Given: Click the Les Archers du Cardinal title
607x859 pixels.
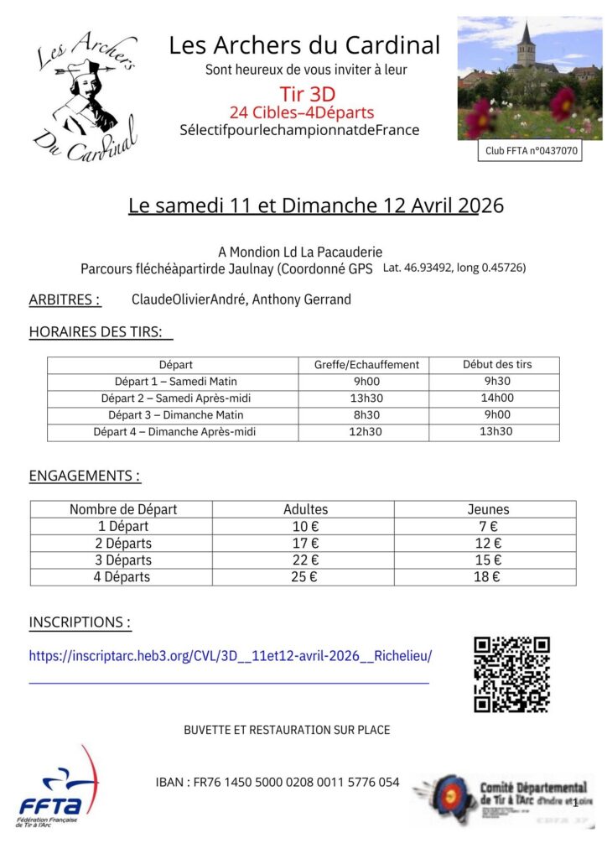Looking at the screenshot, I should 304,44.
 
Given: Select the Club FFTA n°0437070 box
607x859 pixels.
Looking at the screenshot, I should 531,152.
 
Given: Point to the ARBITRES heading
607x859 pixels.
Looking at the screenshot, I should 65,299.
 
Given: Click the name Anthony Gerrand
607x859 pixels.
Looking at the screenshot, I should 302,299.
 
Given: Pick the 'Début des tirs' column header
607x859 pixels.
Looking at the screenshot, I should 497,365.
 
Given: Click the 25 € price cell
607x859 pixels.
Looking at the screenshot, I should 303,577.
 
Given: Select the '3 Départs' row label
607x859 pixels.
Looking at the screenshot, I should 123,560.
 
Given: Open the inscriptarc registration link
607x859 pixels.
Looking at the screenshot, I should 230,656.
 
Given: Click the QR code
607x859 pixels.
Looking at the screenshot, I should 511,674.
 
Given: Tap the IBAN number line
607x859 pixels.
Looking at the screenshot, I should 278,783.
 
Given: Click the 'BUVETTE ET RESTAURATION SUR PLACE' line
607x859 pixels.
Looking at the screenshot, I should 287,730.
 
